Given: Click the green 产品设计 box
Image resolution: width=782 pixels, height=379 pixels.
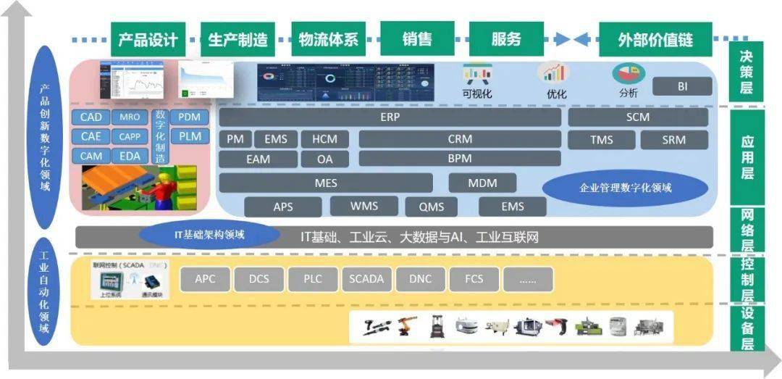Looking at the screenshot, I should (x=148, y=39).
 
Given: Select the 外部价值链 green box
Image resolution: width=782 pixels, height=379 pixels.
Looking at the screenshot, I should (x=655, y=39).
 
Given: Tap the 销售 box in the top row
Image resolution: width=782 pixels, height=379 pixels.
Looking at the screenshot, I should (x=417, y=39).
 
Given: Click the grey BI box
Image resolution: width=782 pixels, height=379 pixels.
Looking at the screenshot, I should (x=682, y=86).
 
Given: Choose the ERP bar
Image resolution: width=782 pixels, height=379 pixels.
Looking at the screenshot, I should (x=390, y=117).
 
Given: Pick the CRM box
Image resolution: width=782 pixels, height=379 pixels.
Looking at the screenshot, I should (x=459, y=138).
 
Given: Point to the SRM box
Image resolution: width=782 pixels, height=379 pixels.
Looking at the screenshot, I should (x=673, y=139).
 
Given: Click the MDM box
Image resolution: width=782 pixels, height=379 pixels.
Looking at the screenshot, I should (x=482, y=183).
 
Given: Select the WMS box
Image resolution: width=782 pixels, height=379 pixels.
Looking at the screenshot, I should (x=364, y=206).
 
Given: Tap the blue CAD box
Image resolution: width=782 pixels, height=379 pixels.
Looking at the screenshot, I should (x=91, y=117).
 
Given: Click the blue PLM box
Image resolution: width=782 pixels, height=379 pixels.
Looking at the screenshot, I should (x=189, y=136).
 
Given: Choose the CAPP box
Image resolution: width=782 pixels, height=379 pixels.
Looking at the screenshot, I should (x=130, y=136).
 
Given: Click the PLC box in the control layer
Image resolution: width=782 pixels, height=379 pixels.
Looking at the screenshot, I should (x=312, y=279).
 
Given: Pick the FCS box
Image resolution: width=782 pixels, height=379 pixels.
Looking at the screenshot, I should (x=474, y=279).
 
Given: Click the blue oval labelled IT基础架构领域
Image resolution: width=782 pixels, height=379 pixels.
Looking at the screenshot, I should (x=210, y=234).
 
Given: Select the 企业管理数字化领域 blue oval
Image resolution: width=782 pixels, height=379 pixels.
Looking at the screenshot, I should (x=625, y=188).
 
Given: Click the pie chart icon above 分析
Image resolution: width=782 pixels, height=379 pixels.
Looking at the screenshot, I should (x=628, y=73).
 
